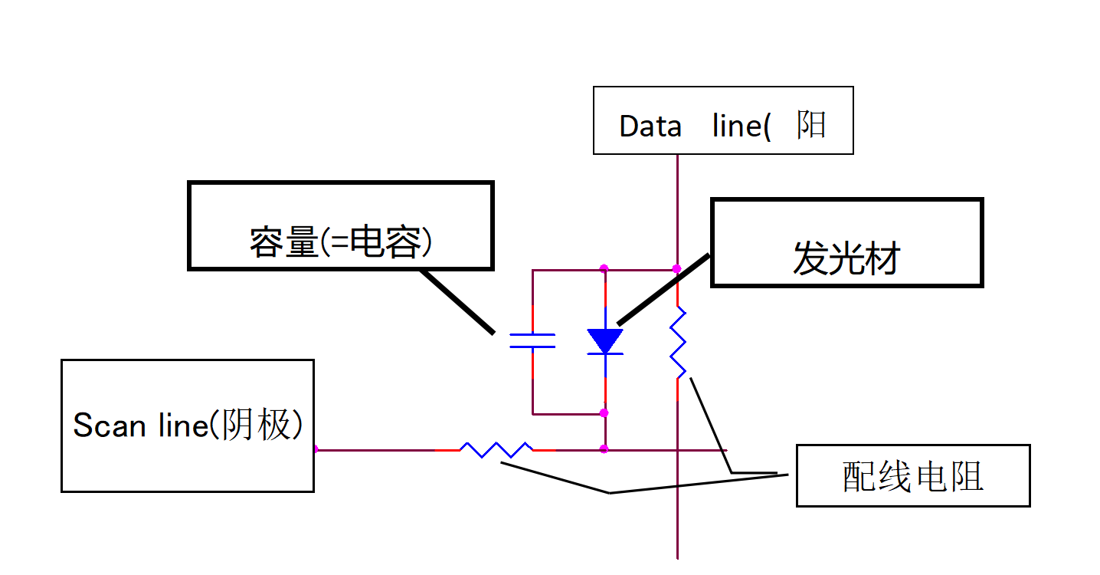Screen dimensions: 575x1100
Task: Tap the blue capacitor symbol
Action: coord(532,341)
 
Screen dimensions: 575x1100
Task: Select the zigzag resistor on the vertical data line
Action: coord(678,343)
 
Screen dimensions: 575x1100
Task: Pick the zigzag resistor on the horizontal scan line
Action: coord(496,449)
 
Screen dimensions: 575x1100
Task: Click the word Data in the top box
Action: coord(650,127)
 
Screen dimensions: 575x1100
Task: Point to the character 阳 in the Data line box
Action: coord(811,124)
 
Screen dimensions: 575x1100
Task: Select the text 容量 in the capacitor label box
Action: coord(283,243)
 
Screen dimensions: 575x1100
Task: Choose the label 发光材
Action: coord(846,260)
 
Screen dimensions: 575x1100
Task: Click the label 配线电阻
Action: coord(913,477)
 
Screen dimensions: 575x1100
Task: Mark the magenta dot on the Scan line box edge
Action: coord(315,449)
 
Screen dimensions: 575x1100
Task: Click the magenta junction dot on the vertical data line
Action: coord(677,268)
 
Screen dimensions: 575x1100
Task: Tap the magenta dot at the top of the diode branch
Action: coord(604,268)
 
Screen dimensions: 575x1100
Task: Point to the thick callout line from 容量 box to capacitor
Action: coord(457,301)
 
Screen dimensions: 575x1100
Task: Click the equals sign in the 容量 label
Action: coord(334,244)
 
